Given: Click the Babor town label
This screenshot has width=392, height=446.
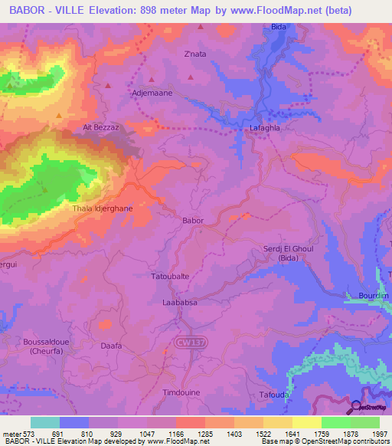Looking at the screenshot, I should (x=193, y=221).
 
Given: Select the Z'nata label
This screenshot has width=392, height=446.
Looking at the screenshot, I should (x=196, y=54).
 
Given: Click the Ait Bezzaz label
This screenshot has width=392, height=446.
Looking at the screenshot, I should (x=99, y=127).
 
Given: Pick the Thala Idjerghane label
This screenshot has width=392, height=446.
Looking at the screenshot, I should (x=102, y=208).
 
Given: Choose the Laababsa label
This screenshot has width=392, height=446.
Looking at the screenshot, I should (x=180, y=303).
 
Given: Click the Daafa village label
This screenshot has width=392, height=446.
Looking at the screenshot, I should (x=112, y=346).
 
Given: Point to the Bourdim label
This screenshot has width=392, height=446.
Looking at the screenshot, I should (x=374, y=295).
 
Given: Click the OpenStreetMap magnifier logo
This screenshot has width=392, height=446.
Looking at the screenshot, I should (x=356, y=407).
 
